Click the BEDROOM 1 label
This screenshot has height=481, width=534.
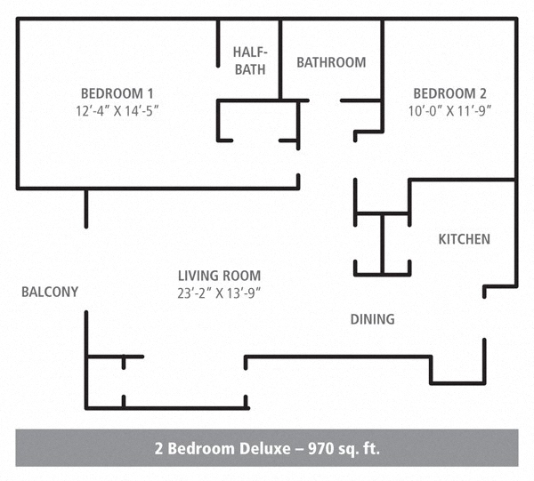(x=117, y=93)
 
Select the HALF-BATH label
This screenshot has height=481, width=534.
(x=250, y=61)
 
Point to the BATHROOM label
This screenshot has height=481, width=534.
(x=331, y=62)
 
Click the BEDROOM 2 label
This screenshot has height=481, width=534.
(x=450, y=93)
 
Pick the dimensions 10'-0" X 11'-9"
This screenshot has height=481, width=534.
(x=450, y=110)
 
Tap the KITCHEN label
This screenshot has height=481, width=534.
(x=464, y=239)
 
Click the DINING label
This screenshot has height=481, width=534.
(x=372, y=319)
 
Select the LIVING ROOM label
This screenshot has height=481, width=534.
(x=219, y=276)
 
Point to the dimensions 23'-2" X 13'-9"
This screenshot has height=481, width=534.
(x=219, y=293)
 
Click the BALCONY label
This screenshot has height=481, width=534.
(x=50, y=292)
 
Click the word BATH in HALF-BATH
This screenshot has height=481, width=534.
(x=250, y=70)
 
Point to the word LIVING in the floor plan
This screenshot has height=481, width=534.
(x=198, y=276)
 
